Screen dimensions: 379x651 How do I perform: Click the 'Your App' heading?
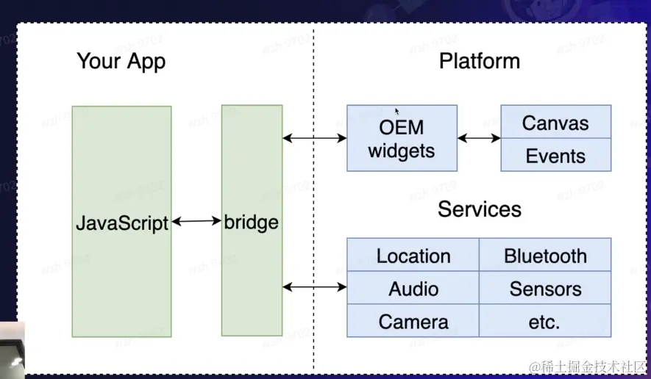pos(121,61)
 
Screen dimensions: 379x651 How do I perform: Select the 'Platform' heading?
pos(480,61)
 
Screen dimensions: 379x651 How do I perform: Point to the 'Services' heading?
pos(480,209)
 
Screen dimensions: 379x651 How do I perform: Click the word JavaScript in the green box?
pos(122,223)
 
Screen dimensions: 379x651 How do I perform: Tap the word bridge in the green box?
pos(252,222)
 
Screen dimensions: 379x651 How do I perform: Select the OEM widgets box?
pos(402,139)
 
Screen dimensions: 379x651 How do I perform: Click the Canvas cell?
pos(555,123)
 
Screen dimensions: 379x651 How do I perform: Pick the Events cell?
pos(555,156)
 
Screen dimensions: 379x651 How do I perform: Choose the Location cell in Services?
pos(413,256)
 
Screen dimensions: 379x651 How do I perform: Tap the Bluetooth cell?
pos(545,256)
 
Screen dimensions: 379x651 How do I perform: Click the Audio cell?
pos(413,289)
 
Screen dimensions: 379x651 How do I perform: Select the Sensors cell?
pos(545,289)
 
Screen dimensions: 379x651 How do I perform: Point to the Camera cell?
pos(413,322)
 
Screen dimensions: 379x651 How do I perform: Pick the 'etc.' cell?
pos(545,322)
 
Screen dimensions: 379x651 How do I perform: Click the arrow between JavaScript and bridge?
pos(196,220)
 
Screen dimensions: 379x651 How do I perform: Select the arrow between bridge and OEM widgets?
pos(315,137)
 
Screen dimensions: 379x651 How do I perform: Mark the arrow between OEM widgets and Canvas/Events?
pos(479,137)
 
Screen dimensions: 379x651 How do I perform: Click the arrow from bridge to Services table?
pos(315,286)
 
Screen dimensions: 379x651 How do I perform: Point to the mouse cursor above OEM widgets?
pos(396,111)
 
